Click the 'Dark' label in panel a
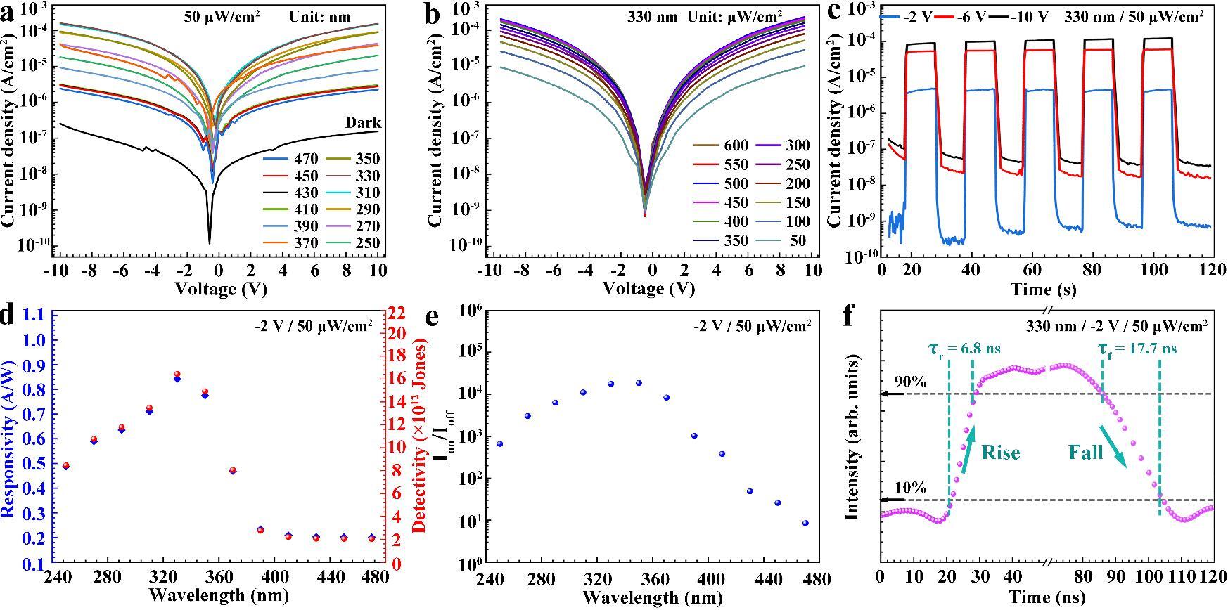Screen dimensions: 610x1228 [363, 123]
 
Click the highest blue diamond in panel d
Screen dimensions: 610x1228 [177, 379]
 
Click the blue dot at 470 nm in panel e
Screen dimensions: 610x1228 [805, 523]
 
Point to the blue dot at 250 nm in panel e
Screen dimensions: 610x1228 [499, 444]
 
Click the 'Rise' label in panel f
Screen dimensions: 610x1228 [1001, 453]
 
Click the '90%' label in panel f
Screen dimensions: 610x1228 [910, 382]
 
